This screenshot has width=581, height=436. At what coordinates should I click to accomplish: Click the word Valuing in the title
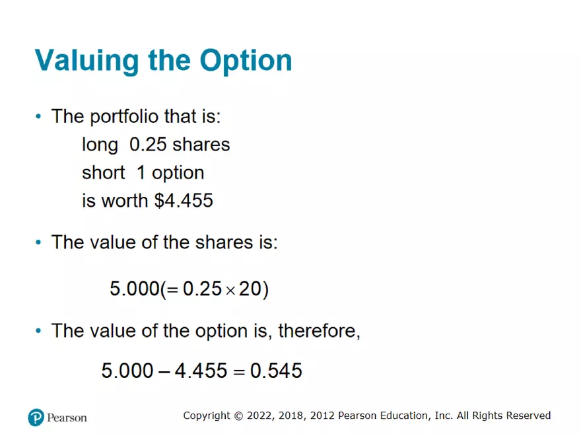pos(87,61)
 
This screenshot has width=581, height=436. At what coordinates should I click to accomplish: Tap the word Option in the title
pos(246,61)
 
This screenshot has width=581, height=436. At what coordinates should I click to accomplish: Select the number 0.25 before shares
pos(148,144)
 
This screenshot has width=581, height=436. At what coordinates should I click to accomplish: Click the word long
pos(100,145)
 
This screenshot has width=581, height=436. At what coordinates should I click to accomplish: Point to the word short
pos(104,172)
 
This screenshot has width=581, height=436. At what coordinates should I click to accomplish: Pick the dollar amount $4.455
pos(184,201)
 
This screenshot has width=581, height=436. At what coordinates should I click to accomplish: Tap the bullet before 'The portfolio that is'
pos(38,116)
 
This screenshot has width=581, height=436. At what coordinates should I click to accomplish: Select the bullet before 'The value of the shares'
pos(38,242)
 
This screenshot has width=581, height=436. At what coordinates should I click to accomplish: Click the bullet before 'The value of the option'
pos(38,331)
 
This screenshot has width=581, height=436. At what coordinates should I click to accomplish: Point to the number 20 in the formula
pos(250,289)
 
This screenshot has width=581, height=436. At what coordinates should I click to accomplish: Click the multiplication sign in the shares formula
pos(230,291)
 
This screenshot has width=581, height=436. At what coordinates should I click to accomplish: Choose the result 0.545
pos(277,371)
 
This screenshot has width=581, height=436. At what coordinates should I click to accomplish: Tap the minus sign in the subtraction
pos(164,371)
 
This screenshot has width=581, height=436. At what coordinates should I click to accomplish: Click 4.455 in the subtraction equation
pos(201,371)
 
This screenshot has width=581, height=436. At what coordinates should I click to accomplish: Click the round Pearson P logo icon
pos(36,418)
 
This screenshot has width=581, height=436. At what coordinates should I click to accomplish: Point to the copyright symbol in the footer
pos(238,416)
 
